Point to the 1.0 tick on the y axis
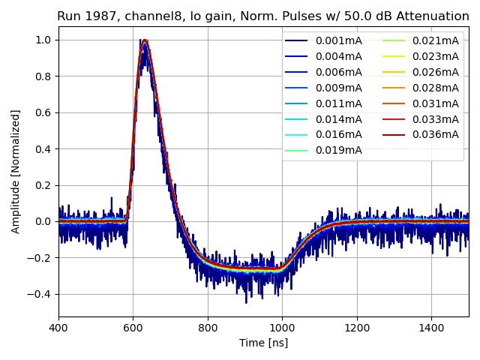tap(44, 40)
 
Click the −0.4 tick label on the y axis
tap(40, 294)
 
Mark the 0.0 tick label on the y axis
tap(44, 221)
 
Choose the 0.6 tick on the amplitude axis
tap(44, 112)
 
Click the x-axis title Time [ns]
tap(263, 343)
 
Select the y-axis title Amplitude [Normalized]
tap(16, 171)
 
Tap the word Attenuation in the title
tap(437, 16)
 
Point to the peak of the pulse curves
tap(144, 40)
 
